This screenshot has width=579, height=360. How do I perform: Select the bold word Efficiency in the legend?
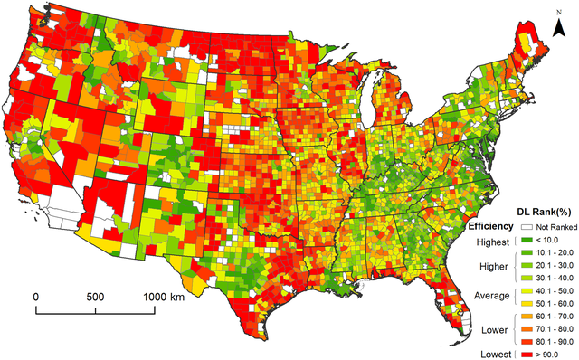491,225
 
